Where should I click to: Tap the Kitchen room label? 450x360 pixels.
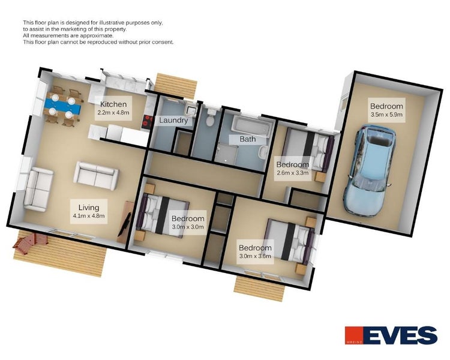point(113,104)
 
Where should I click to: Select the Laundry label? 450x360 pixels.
point(173,120)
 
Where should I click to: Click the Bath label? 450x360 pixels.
point(247,139)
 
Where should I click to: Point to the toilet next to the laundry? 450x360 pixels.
point(210,119)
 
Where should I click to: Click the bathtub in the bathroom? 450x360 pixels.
point(251,126)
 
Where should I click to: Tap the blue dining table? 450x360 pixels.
point(62,106)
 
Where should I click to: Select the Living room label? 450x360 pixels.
point(89,207)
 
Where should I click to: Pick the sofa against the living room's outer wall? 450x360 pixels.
point(38,189)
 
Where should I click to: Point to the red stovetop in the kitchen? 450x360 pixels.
point(146,121)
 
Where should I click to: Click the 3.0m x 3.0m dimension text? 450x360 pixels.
point(188,227)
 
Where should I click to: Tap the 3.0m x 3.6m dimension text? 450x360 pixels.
point(255,256)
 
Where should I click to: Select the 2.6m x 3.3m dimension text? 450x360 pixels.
point(292,173)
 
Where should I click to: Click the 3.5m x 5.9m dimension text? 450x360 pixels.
point(386,114)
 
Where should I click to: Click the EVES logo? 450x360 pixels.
point(391,335)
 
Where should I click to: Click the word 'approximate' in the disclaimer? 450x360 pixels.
point(96,35)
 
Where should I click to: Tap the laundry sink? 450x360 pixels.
point(190,110)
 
